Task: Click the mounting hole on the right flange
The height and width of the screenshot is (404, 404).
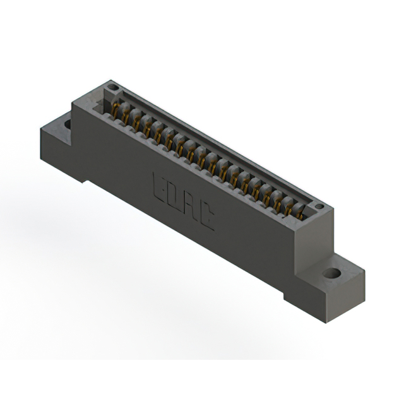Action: click(332, 274)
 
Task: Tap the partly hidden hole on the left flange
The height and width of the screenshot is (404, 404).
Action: click(68, 123)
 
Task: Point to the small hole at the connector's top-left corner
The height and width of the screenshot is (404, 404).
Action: click(112, 87)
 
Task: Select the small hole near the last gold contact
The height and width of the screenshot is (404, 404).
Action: click(319, 206)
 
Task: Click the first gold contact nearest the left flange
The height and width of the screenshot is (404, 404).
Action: click(116, 110)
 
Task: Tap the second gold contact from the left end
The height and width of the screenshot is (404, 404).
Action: click(126, 117)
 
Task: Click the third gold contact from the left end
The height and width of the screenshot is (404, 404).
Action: click(136, 122)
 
